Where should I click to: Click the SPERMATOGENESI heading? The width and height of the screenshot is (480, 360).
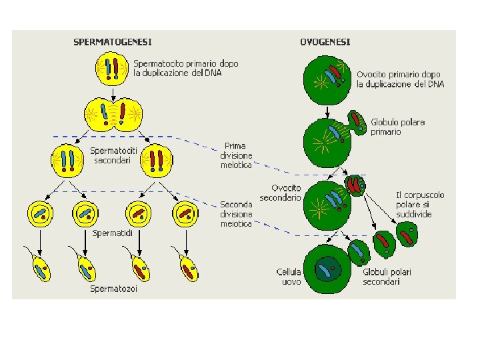coord(112,42)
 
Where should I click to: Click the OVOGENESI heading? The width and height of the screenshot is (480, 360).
coord(325,42)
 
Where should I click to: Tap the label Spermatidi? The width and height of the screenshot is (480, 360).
coord(112,233)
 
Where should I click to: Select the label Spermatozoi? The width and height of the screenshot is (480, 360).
coord(114,289)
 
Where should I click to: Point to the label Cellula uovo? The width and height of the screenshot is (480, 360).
coord(289,277)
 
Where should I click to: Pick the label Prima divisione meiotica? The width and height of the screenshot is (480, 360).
coord(237,155)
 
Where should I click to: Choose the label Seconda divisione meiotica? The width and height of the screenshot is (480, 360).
coord(237,215)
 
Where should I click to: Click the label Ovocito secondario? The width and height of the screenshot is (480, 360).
coord(281,193)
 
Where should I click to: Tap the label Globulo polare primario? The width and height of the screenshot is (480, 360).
coord(398,127)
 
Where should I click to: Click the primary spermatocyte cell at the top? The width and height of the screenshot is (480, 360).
coord(111,69)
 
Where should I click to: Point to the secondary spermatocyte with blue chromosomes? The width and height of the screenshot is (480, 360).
coord(68,161)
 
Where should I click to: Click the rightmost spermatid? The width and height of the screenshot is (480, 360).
coord(186,214)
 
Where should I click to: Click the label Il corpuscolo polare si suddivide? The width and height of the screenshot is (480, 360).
coord(420,205)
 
